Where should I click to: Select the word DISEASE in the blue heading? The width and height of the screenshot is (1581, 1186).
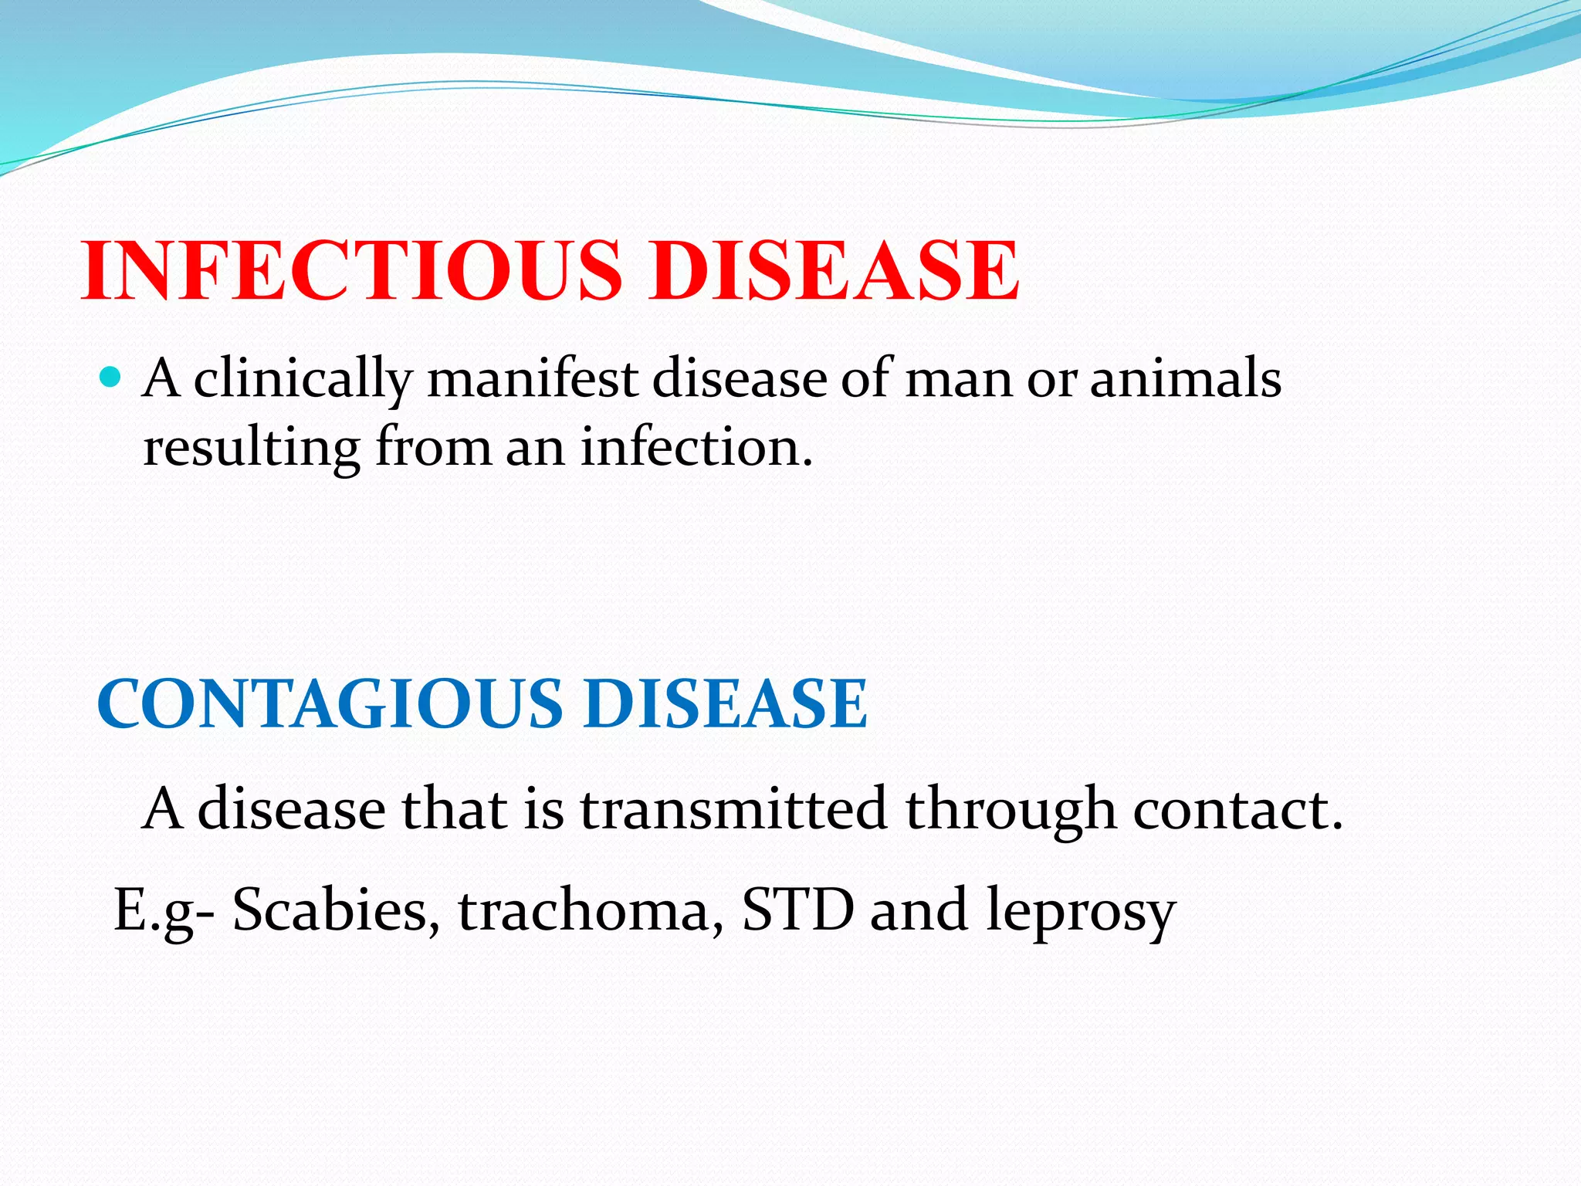[726, 703]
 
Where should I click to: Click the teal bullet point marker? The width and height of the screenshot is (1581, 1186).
[111, 378]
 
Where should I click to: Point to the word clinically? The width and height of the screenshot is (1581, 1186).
[303, 380]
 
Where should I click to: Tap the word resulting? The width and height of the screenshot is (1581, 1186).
[252, 448]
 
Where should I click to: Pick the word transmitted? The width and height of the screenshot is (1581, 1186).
[733, 808]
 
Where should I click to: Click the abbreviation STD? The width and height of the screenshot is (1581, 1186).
[797, 910]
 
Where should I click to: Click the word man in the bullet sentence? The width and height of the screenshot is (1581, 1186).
[957, 380]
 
